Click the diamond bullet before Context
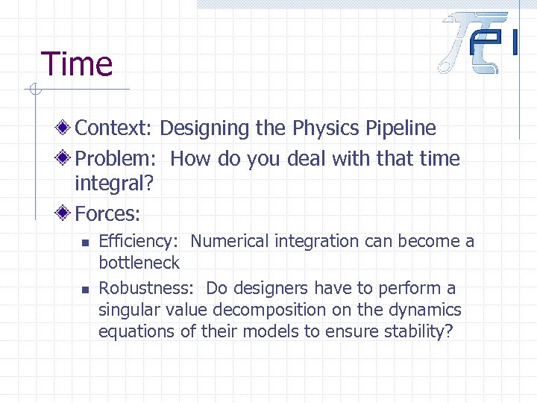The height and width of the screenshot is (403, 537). [x=66, y=128]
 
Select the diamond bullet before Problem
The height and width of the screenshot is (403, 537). [x=66, y=158]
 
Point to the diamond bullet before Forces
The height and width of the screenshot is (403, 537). [x=66, y=213]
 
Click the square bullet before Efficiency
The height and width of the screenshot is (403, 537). [x=86, y=242]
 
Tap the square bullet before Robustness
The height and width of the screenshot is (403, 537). [x=86, y=289]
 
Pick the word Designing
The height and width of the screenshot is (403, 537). [x=204, y=128]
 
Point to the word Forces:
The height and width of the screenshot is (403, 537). [x=108, y=214]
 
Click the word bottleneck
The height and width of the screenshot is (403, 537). [x=139, y=262]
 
